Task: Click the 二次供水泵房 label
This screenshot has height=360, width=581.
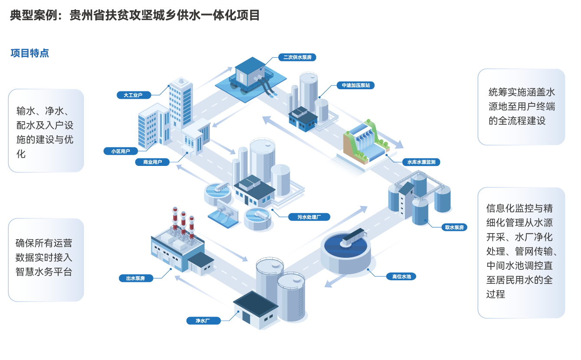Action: (297, 57)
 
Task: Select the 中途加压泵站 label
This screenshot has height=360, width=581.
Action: (355, 85)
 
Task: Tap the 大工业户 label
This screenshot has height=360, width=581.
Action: (133, 94)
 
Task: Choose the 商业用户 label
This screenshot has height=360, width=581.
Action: (152, 162)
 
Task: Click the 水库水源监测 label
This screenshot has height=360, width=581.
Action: (421, 162)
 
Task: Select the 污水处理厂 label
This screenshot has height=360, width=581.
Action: (308, 217)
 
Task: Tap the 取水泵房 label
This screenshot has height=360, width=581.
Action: (454, 227)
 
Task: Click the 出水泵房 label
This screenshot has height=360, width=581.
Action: (136, 278)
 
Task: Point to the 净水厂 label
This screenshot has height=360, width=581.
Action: (203, 321)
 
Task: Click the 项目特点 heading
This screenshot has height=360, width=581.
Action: (29, 53)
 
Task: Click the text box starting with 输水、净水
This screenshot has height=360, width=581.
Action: (46, 131)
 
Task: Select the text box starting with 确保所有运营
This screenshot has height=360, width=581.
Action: (46, 259)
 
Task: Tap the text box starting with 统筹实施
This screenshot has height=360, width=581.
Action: (521, 107)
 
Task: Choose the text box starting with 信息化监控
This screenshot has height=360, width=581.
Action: (521, 253)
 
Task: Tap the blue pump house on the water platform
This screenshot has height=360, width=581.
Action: (250, 71)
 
